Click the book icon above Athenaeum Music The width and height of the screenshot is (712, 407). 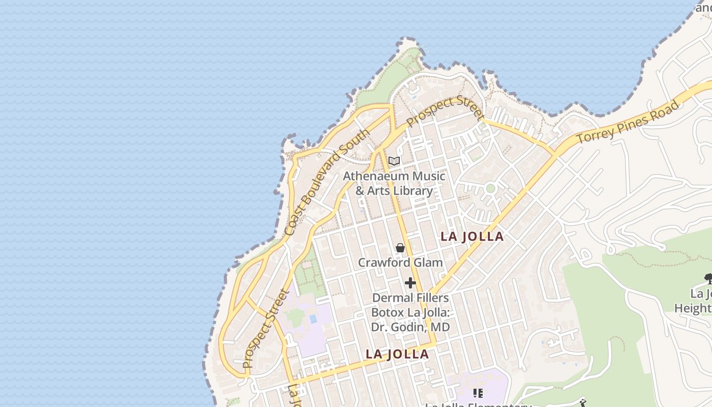(x=394, y=161)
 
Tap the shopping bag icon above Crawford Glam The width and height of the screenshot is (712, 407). (x=400, y=248)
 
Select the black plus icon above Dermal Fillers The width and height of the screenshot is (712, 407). (x=410, y=283)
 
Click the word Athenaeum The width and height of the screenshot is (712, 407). (x=376, y=176)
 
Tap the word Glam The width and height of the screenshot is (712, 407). (x=429, y=263)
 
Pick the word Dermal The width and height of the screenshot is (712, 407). (x=390, y=298)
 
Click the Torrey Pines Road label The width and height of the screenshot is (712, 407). (x=628, y=123)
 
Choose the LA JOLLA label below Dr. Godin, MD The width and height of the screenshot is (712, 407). (x=397, y=354)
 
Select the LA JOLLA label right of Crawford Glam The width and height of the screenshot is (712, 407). (x=472, y=237)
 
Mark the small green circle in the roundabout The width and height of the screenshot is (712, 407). (x=490, y=189)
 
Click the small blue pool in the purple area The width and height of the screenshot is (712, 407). (x=313, y=319)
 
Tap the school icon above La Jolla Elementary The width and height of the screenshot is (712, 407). (x=478, y=393)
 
